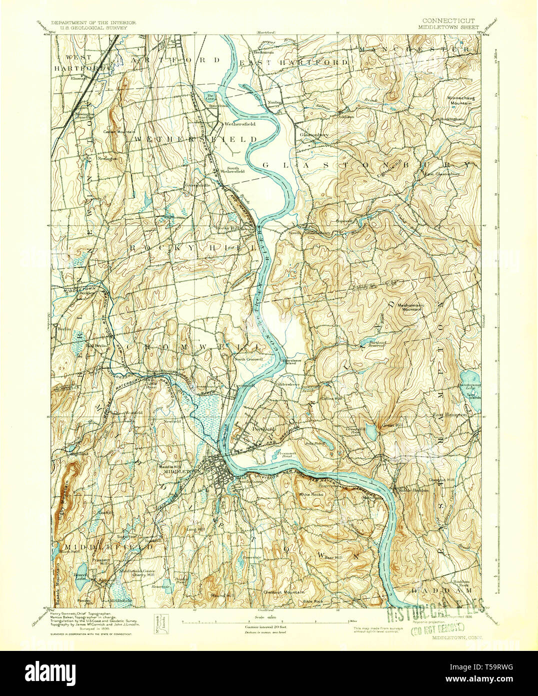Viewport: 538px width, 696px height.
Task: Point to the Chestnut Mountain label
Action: coord(284,592)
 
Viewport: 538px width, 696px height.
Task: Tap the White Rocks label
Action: coord(311,494)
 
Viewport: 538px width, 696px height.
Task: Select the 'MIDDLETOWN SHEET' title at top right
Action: coord(449,28)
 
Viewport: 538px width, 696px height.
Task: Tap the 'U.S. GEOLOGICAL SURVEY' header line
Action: coord(93,28)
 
